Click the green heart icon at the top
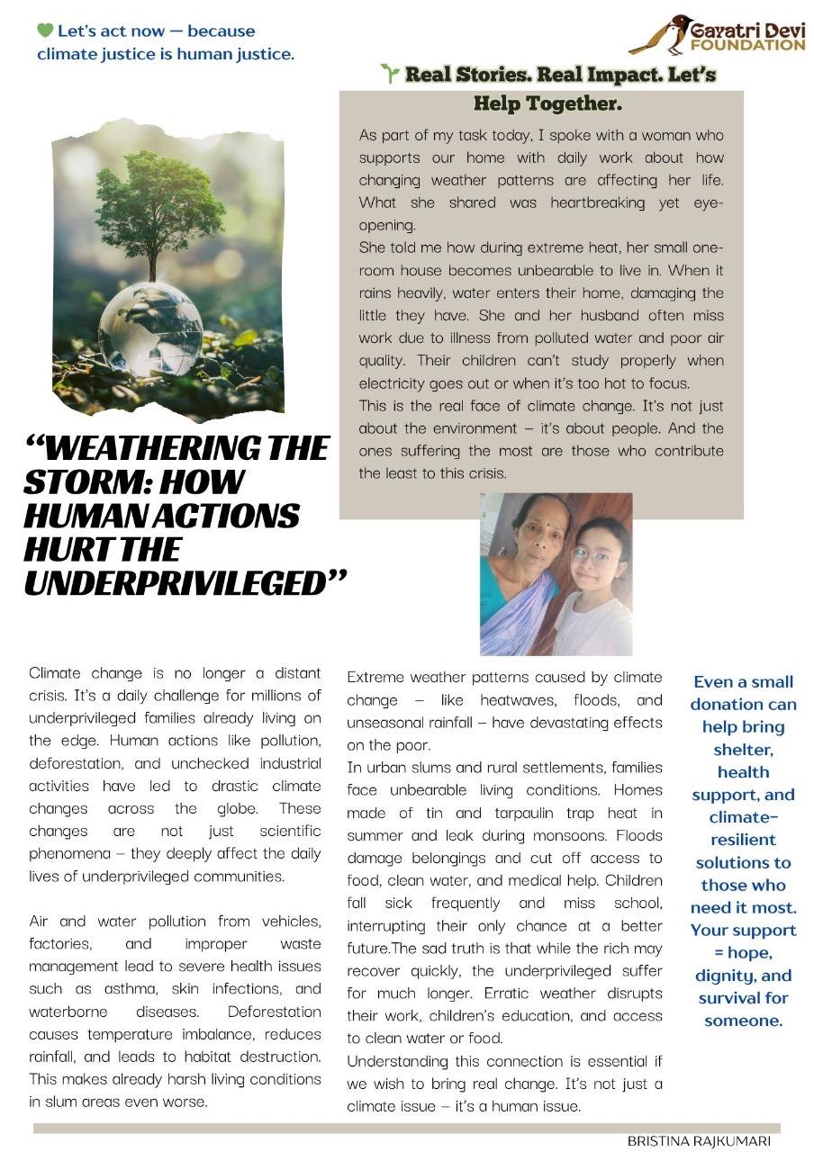coord(46,31)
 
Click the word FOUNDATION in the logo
coord(747,45)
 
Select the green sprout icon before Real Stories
coord(390,75)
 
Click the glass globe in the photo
coord(150,325)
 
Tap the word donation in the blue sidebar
coord(743,705)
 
